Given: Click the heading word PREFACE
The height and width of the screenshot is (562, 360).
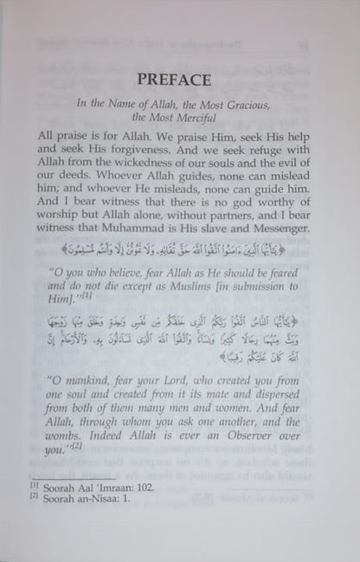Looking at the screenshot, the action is click(x=179, y=81).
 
